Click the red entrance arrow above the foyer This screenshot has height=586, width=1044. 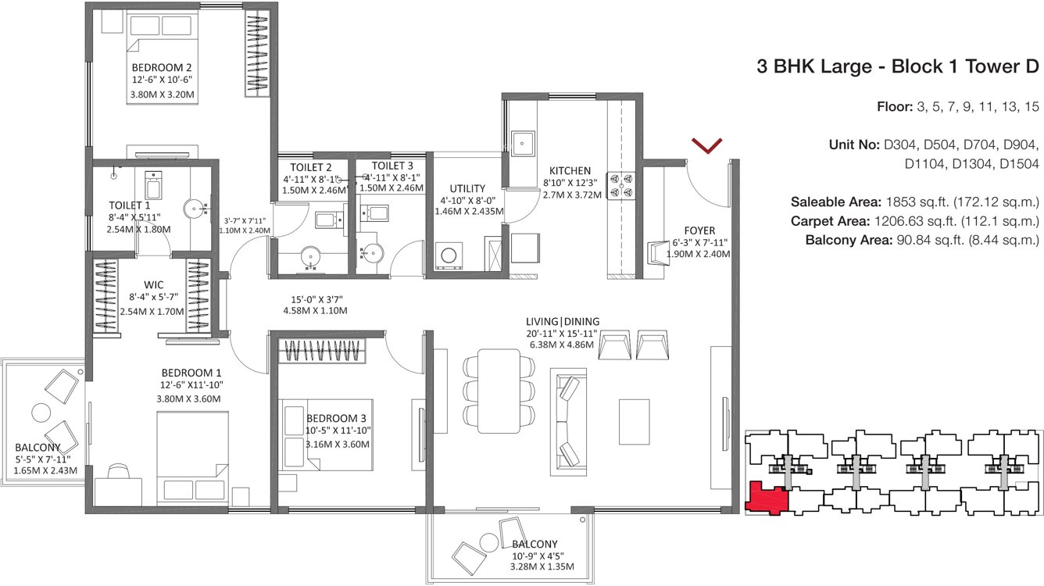pyautogui.click(x=706, y=145)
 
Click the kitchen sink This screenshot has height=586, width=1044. pyautogui.click(x=521, y=144)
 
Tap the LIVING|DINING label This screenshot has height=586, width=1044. pyautogui.click(x=562, y=321)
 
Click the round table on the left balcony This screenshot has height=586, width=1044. pyautogui.click(x=41, y=412)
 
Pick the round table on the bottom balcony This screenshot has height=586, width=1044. pyautogui.click(x=488, y=541)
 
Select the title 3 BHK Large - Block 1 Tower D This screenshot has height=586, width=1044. pyautogui.click(x=897, y=67)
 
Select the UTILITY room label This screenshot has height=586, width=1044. pyautogui.click(x=467, y=188)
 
